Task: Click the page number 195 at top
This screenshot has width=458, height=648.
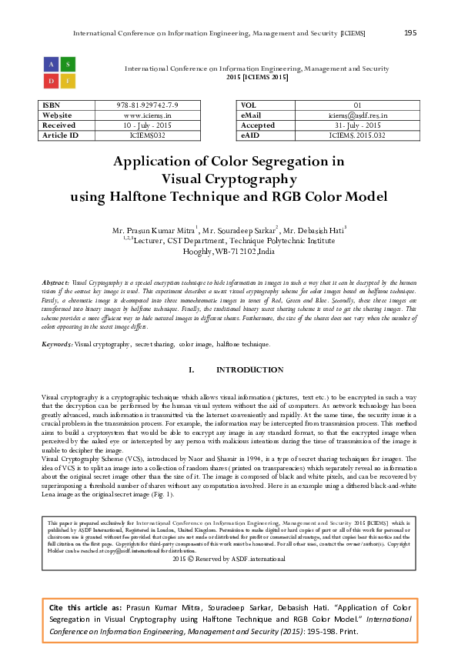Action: pyautogui.click(x=410, y=32)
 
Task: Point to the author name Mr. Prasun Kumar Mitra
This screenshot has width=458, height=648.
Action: pyautogui.click(x=155, y=229)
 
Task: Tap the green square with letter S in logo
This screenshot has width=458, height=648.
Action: pyautogui.click(x=67, y=63)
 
